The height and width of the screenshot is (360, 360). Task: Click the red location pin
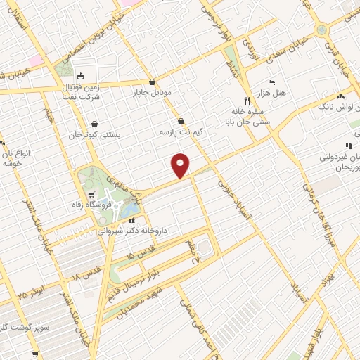click(x=181, y=165)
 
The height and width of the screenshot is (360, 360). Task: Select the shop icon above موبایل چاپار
click(x=153, y=82)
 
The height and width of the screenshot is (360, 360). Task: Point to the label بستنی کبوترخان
click(x=94, y=134)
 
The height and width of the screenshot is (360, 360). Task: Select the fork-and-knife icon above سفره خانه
click(x=246, y=100)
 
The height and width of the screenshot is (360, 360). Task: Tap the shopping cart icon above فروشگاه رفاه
click(x=92, y=195)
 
